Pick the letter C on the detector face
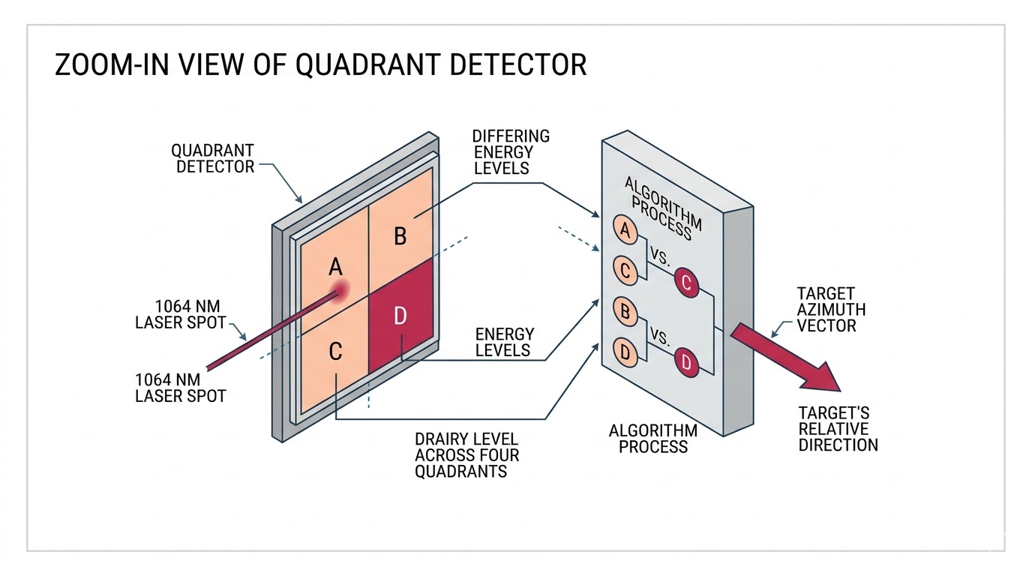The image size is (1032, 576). [336, 350]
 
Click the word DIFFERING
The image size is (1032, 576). [511, 136]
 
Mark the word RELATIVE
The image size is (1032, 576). [832, 429]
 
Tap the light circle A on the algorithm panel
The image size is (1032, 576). [625, 231]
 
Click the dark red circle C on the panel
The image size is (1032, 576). [687, 283]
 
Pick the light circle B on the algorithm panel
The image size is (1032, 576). [625, 311]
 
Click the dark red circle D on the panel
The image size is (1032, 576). [687, 362]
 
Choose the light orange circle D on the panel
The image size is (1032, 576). [625, 351]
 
